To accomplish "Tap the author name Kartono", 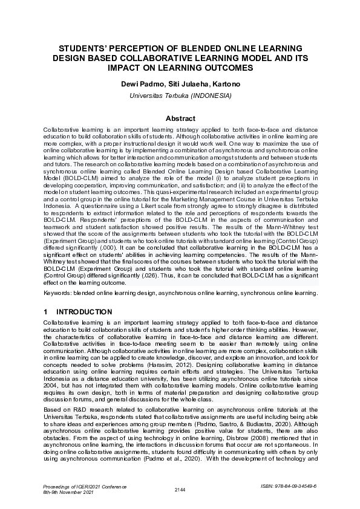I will click(224, 83).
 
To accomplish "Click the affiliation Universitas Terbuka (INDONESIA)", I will click(180, 96).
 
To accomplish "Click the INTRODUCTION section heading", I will click(84, 312).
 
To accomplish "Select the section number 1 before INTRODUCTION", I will click(45, 312).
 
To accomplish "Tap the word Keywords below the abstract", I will click(57, 293).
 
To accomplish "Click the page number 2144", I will click(180, 489).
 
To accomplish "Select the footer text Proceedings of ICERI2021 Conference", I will click(85, 486).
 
